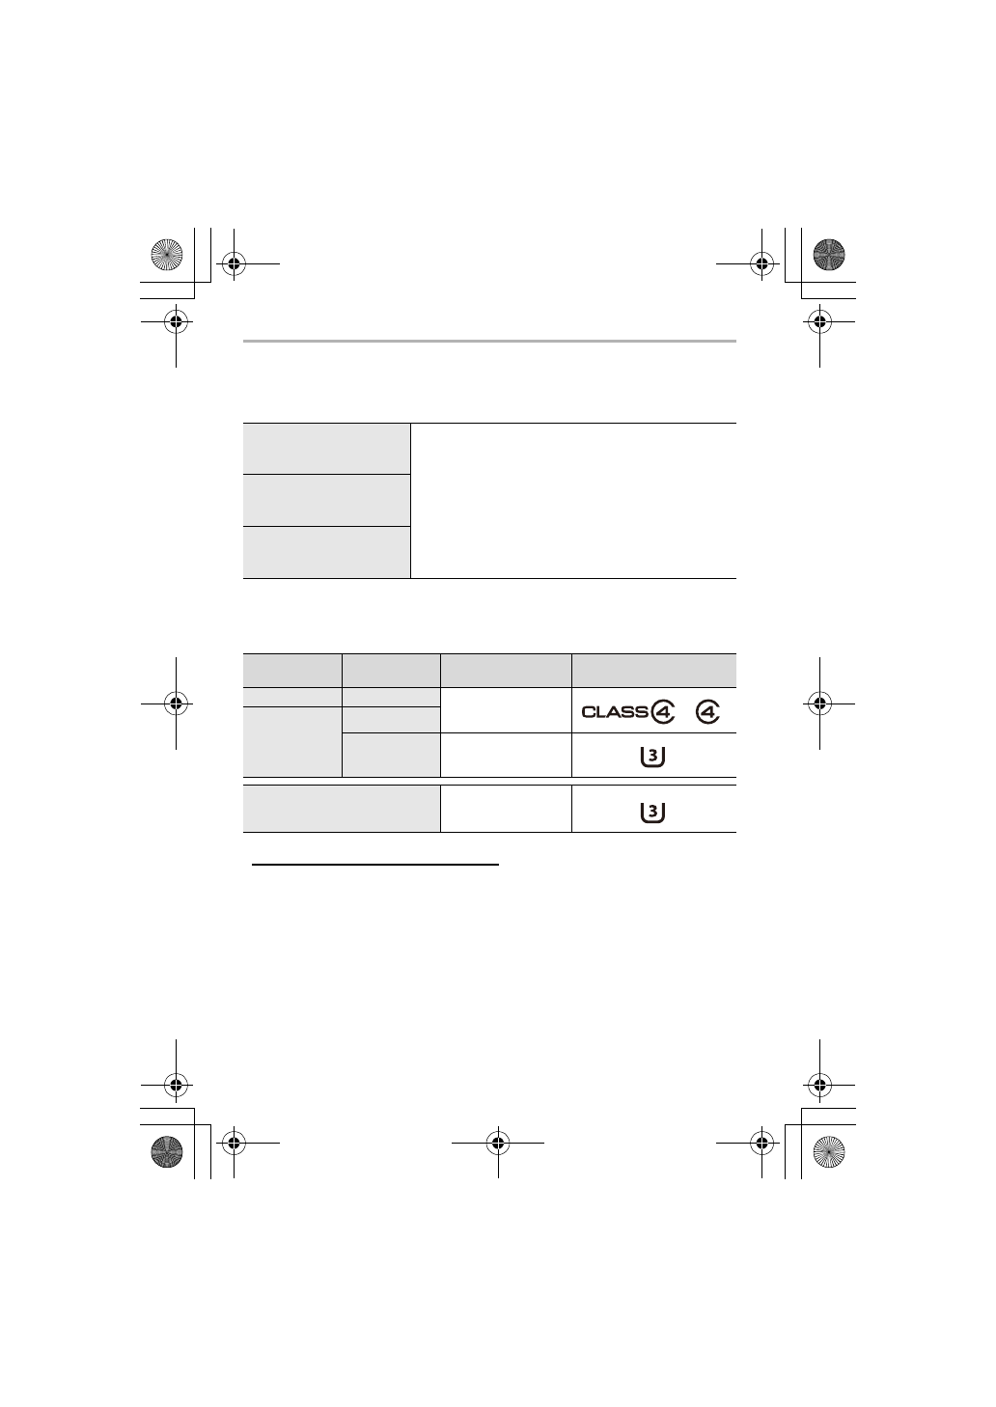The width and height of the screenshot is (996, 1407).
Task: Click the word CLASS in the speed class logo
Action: coord(615,711)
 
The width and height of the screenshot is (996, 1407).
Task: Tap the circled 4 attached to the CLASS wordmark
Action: coord(662,711)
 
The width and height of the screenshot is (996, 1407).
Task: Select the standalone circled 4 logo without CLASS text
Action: coord(707,711)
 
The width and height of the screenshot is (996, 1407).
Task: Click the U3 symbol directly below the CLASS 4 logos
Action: coord(652,757)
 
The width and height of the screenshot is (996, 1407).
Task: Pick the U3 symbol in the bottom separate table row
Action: coord(652,813)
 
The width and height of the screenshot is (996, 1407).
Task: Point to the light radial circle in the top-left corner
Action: coord(166,255)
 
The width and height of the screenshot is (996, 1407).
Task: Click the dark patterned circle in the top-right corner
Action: coord(829,255)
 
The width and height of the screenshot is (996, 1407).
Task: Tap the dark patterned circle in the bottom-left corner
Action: coord(166,1152)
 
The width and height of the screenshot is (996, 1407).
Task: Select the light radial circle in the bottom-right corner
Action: coord(829,1152)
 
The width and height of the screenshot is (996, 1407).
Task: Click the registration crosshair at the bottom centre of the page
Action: coord(498,1143)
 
